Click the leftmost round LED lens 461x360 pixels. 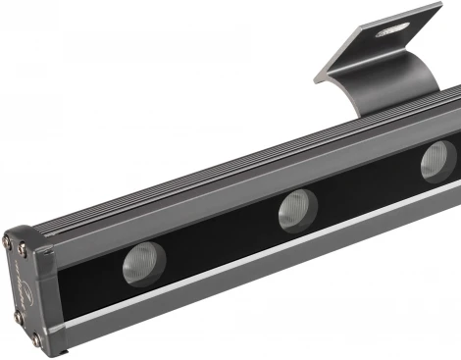point(143,262)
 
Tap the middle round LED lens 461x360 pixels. point(296,210)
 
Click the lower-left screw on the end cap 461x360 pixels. point(18,317)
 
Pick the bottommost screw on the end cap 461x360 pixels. point(37,340)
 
